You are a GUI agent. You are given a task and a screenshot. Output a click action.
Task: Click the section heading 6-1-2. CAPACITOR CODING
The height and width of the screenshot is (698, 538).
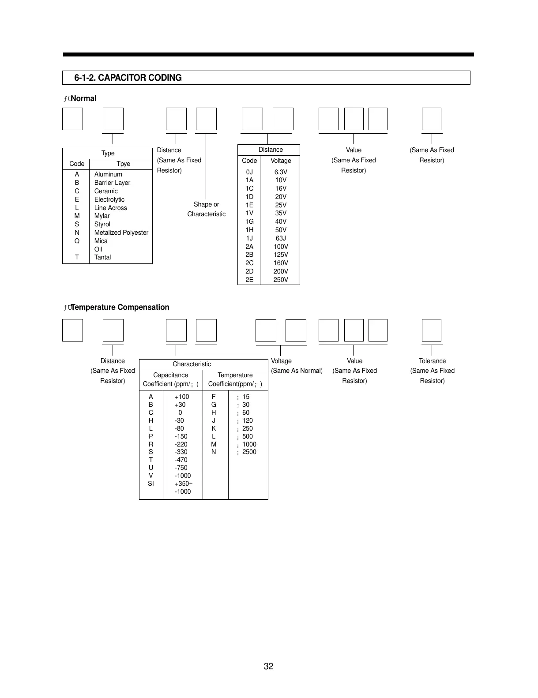[128, 78]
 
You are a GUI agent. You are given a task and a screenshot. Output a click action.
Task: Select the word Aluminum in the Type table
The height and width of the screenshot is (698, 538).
[108, 174]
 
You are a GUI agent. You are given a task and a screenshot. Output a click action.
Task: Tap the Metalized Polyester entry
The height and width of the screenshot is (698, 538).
[121, 233]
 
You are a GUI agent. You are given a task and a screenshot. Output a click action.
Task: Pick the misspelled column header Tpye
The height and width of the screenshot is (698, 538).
[123, 164]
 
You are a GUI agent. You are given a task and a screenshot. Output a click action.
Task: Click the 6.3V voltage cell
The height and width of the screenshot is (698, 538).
[281, 172]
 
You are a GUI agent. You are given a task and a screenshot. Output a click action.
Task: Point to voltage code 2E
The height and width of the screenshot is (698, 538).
[249, 280]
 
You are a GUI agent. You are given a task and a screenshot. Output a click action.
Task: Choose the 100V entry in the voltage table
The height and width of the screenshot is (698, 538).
[281, 247]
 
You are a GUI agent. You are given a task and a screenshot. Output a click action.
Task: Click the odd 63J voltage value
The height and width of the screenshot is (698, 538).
[281, 238]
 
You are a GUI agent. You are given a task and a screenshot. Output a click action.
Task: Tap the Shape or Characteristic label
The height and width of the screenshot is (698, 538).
[206, 209]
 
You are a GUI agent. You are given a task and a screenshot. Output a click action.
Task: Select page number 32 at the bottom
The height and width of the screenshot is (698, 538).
[268, 666]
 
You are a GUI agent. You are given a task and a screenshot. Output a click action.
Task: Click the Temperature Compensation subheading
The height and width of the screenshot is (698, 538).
[120, 307]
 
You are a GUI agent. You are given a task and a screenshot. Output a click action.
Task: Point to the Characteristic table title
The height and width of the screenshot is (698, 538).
[192, 364]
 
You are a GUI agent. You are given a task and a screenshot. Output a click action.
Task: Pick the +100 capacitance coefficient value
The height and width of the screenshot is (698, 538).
[182, 397]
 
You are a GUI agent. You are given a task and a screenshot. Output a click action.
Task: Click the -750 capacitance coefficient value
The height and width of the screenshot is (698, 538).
[181, 468]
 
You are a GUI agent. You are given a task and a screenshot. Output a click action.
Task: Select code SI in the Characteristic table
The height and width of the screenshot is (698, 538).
[151, 484]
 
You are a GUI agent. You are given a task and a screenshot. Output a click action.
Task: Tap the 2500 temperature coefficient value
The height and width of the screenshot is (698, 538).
[249, 452]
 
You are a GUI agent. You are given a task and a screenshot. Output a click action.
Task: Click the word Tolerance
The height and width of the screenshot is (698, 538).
[432, 361]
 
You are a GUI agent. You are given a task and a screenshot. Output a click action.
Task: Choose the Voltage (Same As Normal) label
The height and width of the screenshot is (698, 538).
[297, 366]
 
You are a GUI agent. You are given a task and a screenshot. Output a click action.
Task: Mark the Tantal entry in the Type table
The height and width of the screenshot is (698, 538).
[102, 257]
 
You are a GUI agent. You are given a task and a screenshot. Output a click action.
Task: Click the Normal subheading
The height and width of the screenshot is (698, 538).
[83, 98]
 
